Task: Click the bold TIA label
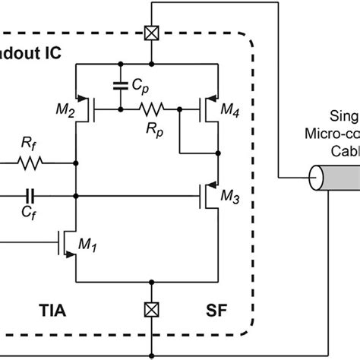tap(58, 310)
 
